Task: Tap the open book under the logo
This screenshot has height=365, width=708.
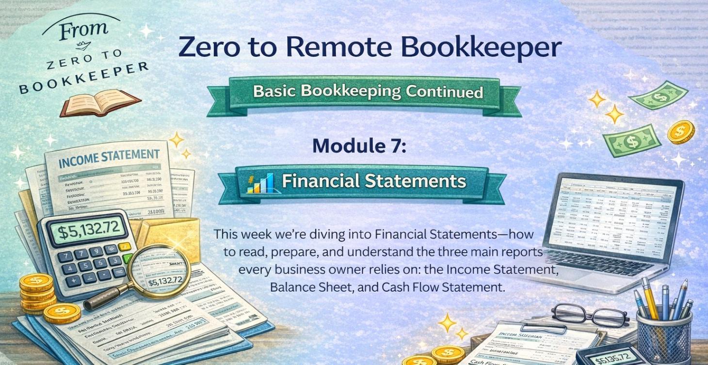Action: pos(100,102)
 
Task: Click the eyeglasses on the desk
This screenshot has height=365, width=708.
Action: pos(589,315)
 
